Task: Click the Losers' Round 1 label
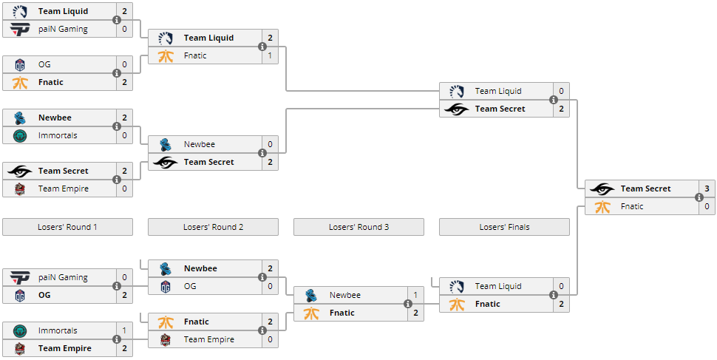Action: pos(67,227)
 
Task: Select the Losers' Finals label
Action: pos(504,227)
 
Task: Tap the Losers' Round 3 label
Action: pos(358,227)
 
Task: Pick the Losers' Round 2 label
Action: pos(213,227)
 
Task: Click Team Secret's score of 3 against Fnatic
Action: pos(707,189)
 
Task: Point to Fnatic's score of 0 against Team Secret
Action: pos(707,206)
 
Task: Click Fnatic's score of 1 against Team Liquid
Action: pos(270,55)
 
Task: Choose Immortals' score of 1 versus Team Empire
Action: pos(124,330)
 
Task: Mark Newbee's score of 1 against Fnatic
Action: pos(415,295)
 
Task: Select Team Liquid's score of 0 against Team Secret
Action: pos(561,91)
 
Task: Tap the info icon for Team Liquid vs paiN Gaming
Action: pos(117,20)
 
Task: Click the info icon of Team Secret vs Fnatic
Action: pos(699,197)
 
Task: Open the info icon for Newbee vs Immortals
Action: pos(117,126)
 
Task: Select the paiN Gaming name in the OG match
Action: pos(63,277)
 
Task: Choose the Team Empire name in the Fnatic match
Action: pos(209,339)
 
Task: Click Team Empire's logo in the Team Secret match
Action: pos(20,189)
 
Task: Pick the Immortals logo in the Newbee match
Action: pos(20,135)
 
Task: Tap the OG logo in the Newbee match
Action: pos(166,286)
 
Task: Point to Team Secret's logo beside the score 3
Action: pos(602,189)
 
